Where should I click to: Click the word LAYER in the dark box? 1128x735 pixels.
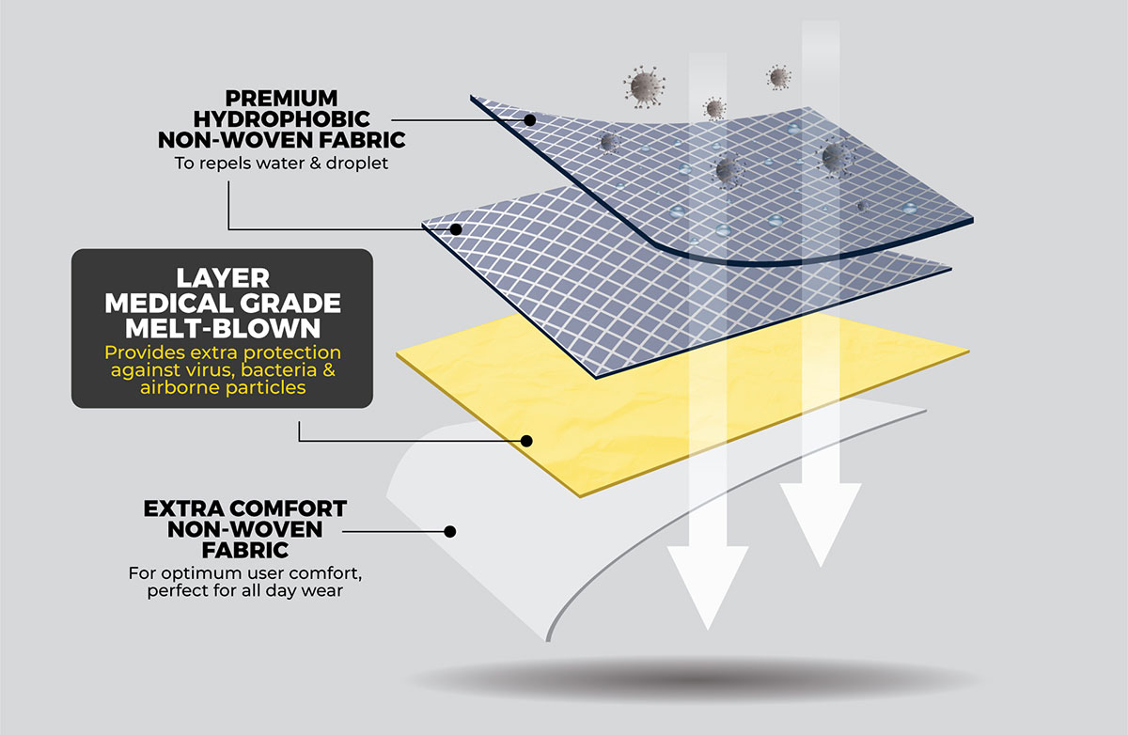[223, 278]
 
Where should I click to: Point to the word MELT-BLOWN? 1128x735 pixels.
[223, 329]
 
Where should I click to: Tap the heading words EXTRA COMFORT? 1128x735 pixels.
[245, 509]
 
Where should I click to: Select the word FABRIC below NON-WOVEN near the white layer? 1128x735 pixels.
[245, 549]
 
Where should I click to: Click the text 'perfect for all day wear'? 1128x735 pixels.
[245, 592]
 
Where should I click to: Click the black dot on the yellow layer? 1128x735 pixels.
[528, 440]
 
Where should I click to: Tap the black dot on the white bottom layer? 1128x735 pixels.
[449, 531]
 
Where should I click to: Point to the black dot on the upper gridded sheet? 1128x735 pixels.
[529, 120]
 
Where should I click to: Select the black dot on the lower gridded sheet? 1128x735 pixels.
[456, 228]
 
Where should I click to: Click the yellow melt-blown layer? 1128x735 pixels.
[658, 414]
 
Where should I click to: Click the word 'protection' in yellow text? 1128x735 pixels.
[295, 352]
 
